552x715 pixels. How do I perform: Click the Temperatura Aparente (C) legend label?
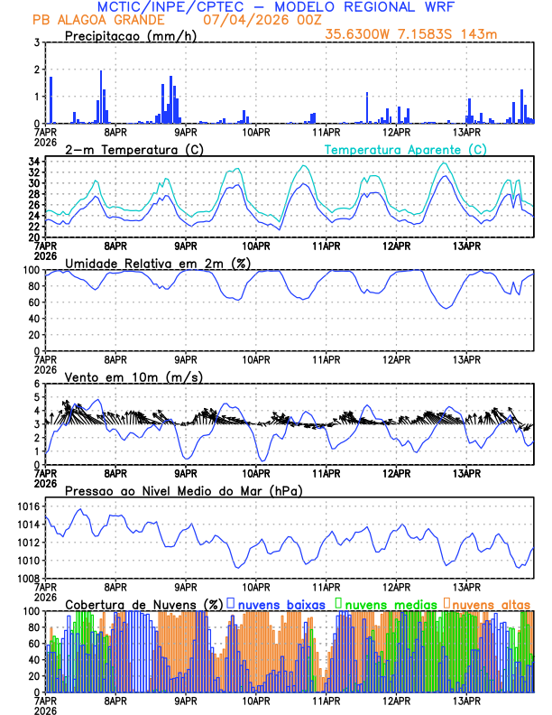406,149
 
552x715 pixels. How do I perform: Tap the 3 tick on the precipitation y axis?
36,42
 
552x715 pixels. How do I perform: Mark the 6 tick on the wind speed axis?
36,384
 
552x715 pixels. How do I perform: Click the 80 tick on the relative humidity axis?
33,286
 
